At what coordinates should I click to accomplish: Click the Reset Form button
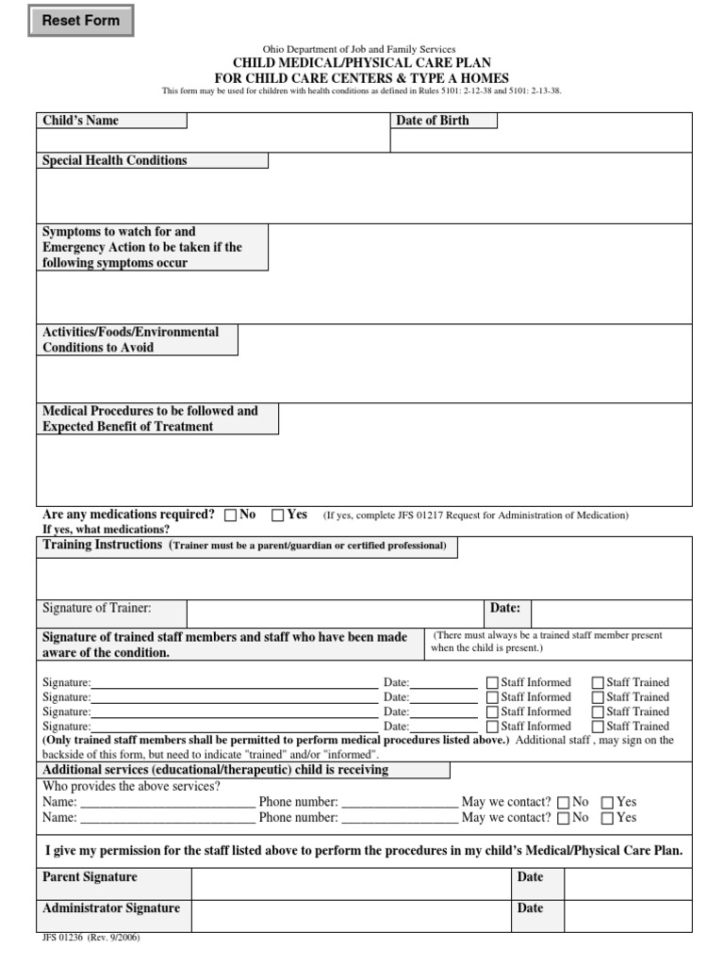(81, 21)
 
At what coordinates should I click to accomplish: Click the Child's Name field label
(80, 121)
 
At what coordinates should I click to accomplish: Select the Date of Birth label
(433, 121)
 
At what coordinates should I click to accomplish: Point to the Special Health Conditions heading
(114, 160)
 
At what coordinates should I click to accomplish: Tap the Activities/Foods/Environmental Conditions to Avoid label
(130, 339)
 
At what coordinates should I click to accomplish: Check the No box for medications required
(231, 515)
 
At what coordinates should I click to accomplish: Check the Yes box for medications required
(278, 515)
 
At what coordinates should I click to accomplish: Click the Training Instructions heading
(102, 546)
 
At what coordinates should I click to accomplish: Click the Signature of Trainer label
(96, 609)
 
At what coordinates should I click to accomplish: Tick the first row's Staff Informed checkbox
(493, 683)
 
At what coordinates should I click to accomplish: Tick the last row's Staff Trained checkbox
(598, 728)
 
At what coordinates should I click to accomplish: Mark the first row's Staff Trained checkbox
(598, 683)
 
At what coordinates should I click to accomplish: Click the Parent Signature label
(90, 877)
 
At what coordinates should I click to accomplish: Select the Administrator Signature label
(110, 908)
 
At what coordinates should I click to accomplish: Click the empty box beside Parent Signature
(350, 883)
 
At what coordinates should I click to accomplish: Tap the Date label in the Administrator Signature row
(530, 908)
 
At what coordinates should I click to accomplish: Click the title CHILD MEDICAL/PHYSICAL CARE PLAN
(361, 63)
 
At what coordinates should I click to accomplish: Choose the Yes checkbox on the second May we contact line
(608, 819)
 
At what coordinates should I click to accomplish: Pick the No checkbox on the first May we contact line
(564, 803)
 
